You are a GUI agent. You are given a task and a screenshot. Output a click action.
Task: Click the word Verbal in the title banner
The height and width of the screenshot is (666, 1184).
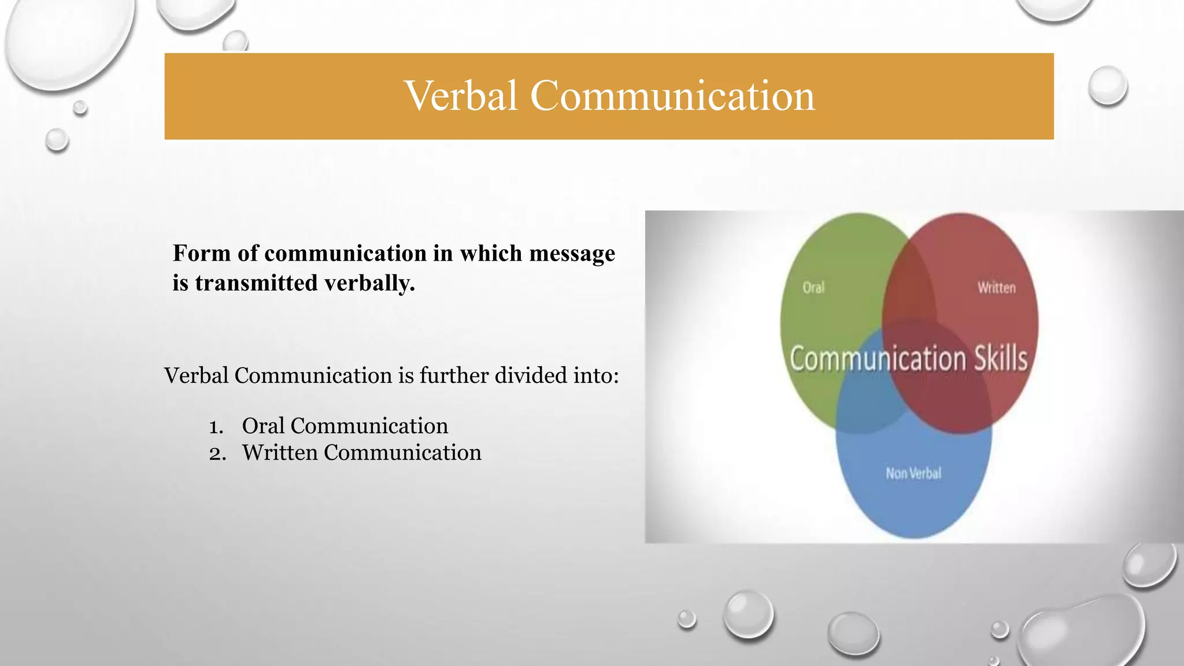click(x=461, y=96)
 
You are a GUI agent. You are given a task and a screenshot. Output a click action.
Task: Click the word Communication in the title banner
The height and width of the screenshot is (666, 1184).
click(x=672, y=96)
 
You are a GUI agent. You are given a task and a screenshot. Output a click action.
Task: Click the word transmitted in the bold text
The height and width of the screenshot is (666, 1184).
click(x=256, y=283)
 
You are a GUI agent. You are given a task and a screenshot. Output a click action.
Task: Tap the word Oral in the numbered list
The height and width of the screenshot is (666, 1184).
click(x=263, y=426)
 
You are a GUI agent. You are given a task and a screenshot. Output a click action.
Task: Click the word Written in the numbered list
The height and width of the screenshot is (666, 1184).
click(x=280, y=453)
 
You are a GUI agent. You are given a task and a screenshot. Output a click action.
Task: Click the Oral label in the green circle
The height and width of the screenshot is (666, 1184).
click(x=813, y=287)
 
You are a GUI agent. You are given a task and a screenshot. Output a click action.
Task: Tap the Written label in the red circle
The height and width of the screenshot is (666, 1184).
click(x=996, y=287)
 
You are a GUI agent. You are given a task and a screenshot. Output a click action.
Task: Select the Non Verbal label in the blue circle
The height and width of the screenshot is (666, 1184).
click(x=913, y=473)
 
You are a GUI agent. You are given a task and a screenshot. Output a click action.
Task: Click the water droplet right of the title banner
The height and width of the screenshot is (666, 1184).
click(x=1107, y=86)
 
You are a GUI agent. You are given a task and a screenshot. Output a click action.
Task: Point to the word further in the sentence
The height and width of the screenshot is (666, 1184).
click(x=454, y=376)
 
